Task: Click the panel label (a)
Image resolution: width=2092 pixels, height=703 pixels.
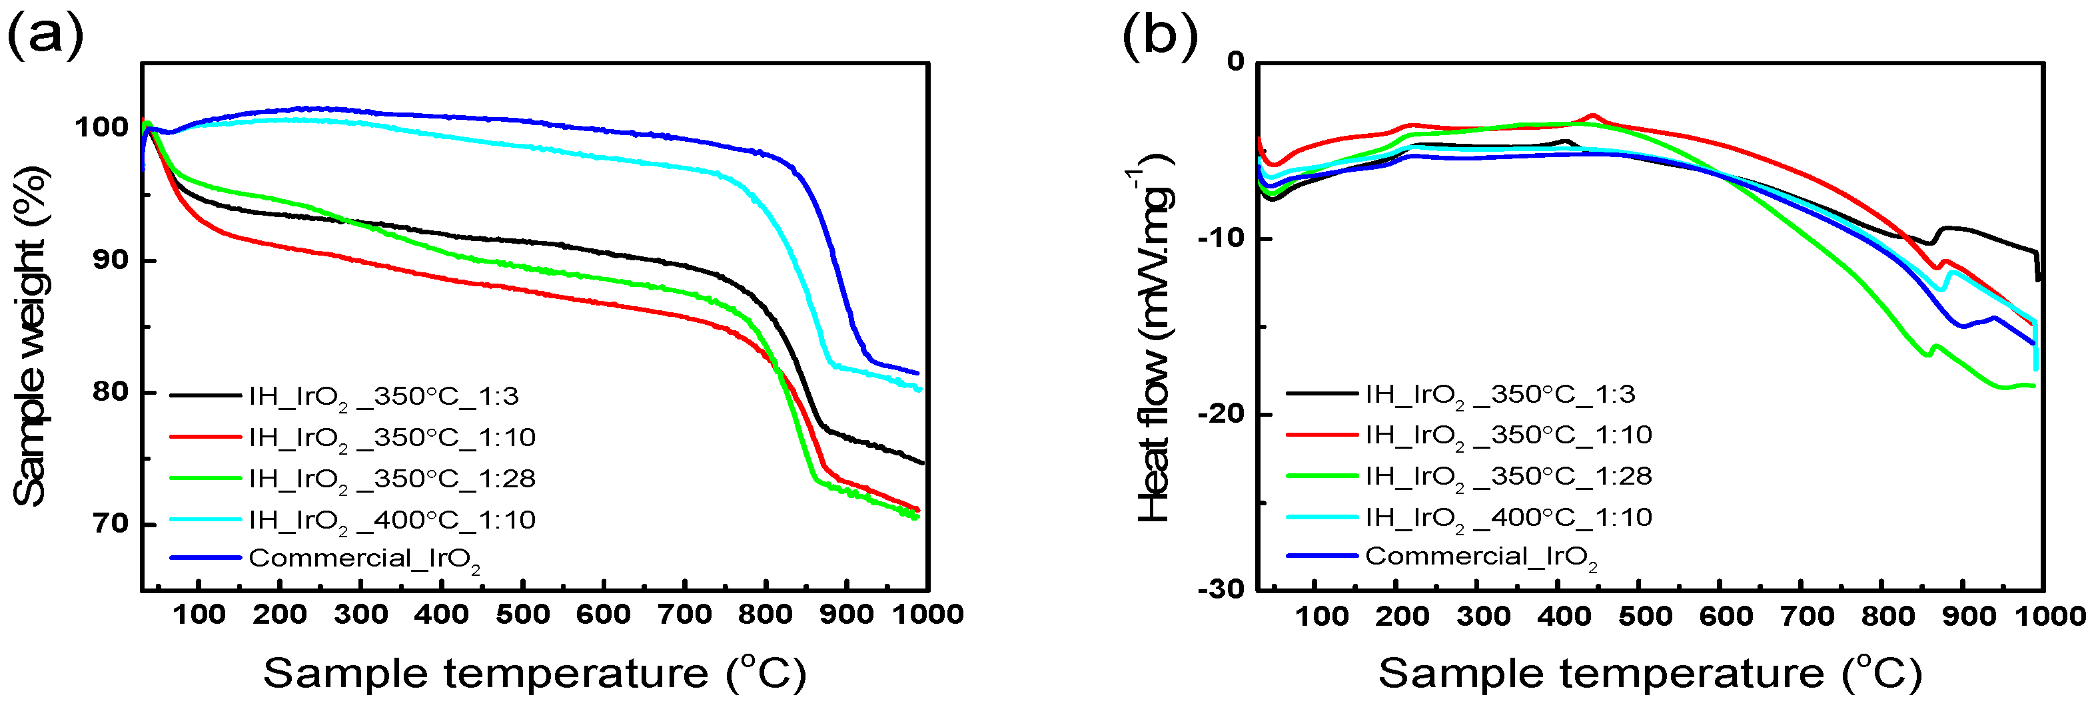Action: pyautogui.click(x=45, y=37)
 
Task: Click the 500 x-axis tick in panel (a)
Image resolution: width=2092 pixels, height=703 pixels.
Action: pyautogui.click(x=522, y=614)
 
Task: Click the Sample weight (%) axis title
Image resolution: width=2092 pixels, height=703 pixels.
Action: pyautogui.click(x=31, y=337)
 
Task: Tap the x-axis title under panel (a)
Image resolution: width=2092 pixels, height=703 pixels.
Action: pyautogui.click(x=534, y=674)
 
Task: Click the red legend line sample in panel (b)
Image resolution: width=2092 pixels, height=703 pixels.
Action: pyautogui.click(x=1321, y=435)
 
